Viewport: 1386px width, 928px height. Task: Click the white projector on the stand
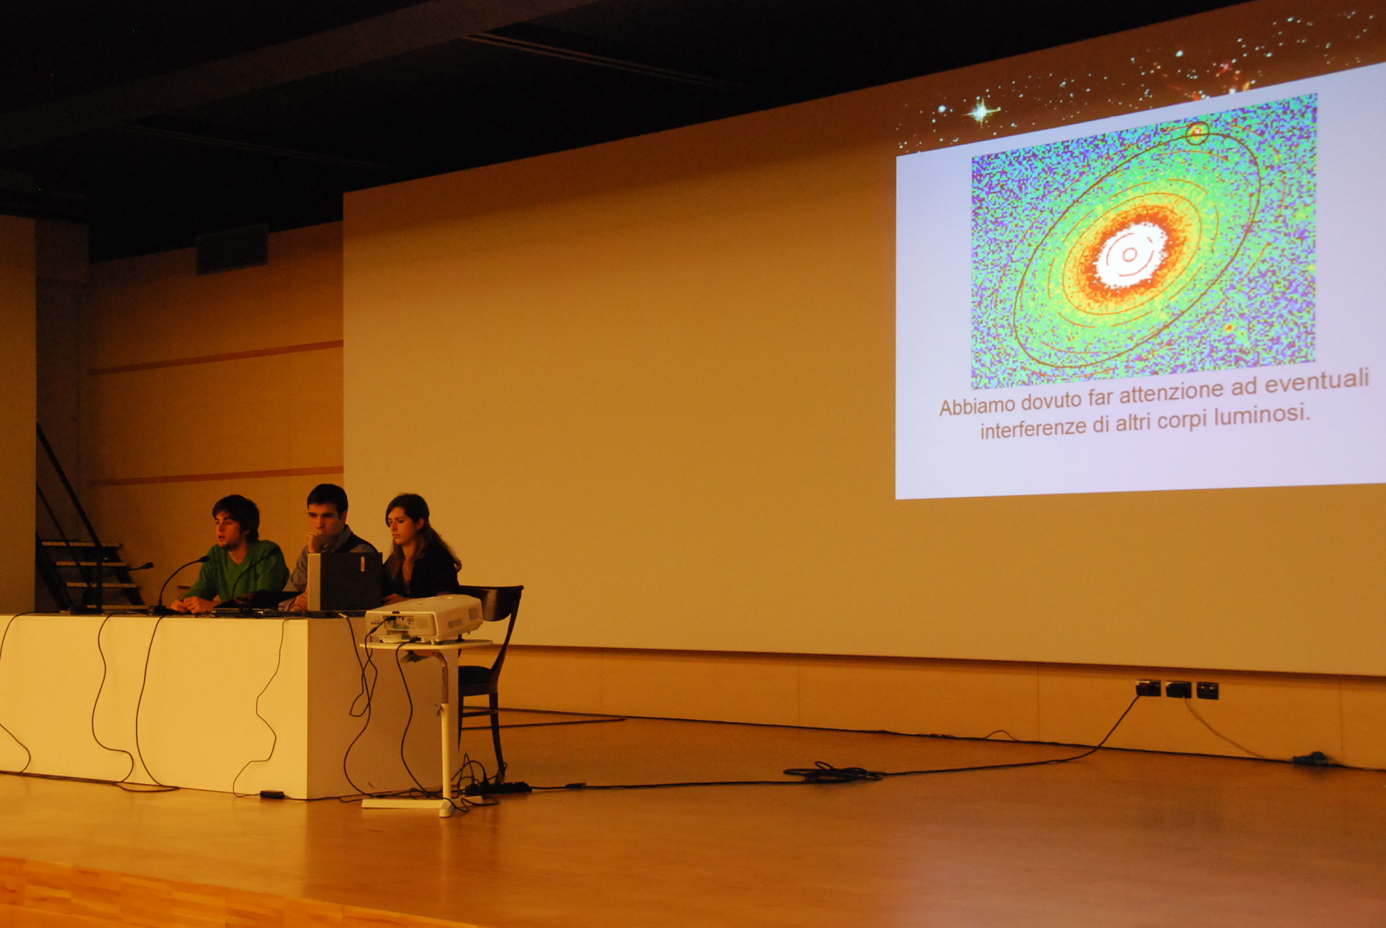tap(424, 619)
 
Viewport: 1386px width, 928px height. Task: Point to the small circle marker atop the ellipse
tap(1197, 132)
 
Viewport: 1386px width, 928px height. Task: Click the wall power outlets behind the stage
tap(1177, 689)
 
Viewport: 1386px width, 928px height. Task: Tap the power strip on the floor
tap(498, 788)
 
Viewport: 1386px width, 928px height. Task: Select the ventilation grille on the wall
tap(233, 248)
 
